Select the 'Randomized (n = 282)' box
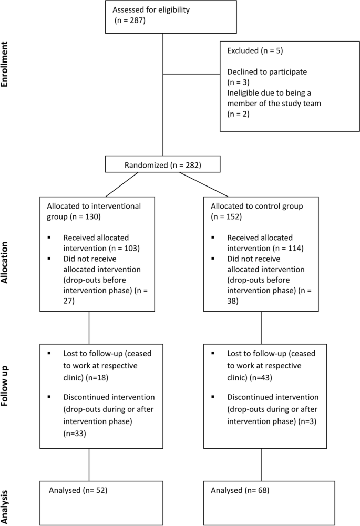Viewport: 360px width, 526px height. (x=162, y=165)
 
